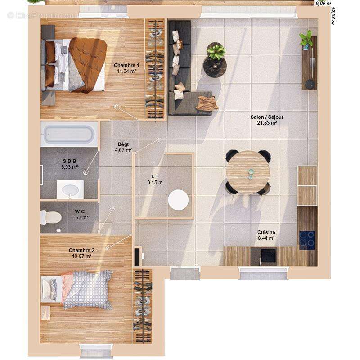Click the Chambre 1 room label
pyautogui.click(x=126, y=65)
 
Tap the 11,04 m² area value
pyautogui.click(x=126, y=71)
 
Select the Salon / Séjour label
pyautogui.click(x=267, y=117)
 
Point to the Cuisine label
pyautogui.click(x=266, y=232)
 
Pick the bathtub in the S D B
pyautogui.click(x=68, y=134)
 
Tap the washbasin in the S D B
pyautogui.click(x=70, y=189)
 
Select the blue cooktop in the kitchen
pyautogui.click(x=307, y=239)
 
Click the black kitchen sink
pyautogui.click(x=268, y=256)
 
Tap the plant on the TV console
pyautogui.click(x=307, y=39)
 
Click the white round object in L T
pyautogui.click(x=179, y=200)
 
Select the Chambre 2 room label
pyautogui.click(x=81, y=250)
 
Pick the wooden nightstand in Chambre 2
pyautogui.click(x=45, y=312)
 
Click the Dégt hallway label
pyautogui.click(x=123, y=144)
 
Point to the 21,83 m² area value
pyautogui.click(x=267, y=123)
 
